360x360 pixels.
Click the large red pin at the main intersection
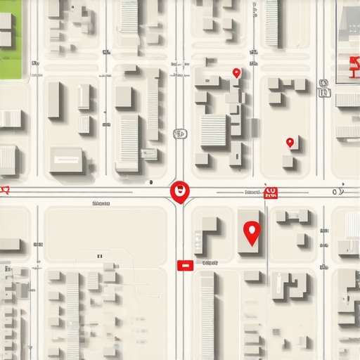(180, 191)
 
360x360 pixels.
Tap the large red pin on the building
(251, 231)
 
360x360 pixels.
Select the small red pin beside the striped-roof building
(236, 72)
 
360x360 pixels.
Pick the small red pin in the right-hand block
(290, 143)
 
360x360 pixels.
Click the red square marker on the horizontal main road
(270, 193)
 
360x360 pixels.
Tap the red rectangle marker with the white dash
(184, 265)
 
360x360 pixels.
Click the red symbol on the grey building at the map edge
(349, 68)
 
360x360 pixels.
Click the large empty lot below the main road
(105, 236)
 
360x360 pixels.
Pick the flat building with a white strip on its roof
(66, 161)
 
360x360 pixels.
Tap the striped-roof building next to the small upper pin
(213, 130)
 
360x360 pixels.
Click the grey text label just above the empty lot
(101, 202)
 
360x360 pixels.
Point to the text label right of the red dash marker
(210, 262)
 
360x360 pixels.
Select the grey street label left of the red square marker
(251, 191)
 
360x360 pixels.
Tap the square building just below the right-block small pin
(288, 161)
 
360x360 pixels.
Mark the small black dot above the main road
(151, 182)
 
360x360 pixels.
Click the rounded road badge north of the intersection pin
(179, 133)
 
